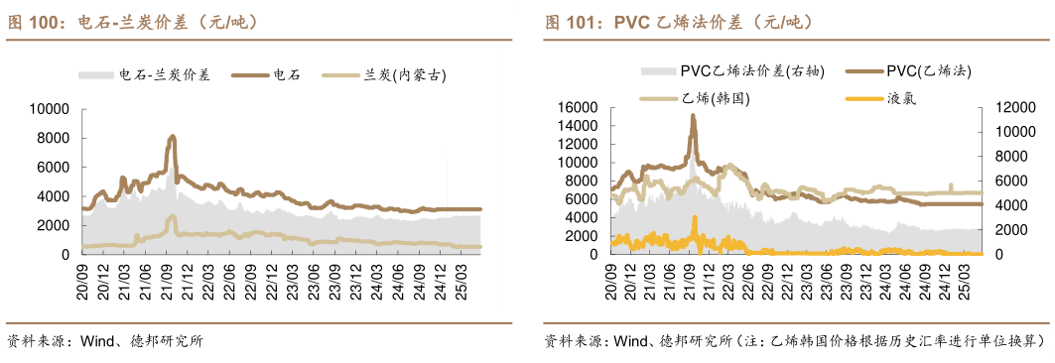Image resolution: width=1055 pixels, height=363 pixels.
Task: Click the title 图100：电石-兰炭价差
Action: tap(133, 21)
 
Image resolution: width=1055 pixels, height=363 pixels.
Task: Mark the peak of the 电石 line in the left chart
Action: tap(173, 137)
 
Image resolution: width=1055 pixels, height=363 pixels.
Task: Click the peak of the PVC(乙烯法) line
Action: tap(693, 116)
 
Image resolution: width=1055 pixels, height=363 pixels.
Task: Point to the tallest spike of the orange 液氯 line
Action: tap(695, 218)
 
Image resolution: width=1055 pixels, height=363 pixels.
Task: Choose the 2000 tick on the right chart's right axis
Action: tap(1003, 230)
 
